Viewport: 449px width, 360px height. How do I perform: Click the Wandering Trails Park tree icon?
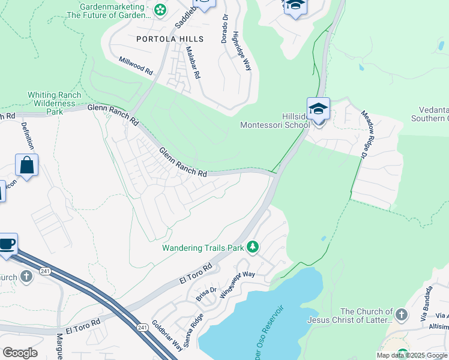click(x=253, y=247)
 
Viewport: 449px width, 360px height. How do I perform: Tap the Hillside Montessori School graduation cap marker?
click(x=318, y=109)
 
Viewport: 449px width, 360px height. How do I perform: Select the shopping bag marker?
click(x=27, y=165)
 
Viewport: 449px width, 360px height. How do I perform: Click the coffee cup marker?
click(x=7, y=244)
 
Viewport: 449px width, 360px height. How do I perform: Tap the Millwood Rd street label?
click(x=136, y=65)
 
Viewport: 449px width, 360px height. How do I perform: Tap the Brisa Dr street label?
click(x=205, y=293)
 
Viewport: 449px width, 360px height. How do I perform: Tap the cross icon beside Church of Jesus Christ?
click(x=402, y=313)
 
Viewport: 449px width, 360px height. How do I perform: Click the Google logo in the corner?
click(x=20, y=353)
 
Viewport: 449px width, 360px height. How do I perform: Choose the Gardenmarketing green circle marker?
click(x=160, y=9)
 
